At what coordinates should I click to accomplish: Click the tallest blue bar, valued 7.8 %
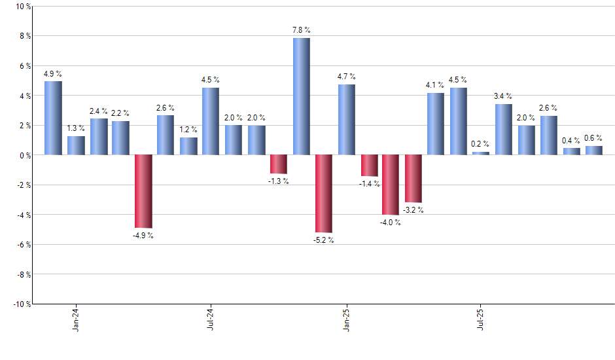(x=301, y=96)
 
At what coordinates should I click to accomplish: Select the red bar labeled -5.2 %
(x=323, y=193)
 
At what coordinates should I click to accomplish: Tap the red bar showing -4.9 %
(x=143, y=190)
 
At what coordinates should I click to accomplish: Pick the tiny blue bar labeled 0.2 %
(x=481, y=153)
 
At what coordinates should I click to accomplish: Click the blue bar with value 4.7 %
(x=346, y=119)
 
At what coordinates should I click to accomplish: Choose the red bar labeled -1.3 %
(x=279, y=164)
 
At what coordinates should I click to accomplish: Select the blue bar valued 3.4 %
(x=504, y=129)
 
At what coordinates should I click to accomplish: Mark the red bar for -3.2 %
(x=413, y=178)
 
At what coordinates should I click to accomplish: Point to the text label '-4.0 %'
(x=391, y=223)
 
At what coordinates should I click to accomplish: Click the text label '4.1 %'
(x=435, y=84)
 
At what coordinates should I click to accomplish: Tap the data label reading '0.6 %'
(x=594, y=137)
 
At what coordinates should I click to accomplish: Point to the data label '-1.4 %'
(x=368, y=184)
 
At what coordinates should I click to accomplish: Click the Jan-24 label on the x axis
(x=76, y=318)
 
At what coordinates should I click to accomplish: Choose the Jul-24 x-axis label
(x=211, y=318)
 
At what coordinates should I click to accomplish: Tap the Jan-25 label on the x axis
(x=346, y=318)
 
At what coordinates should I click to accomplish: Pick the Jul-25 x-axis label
(x=481, y=318)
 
